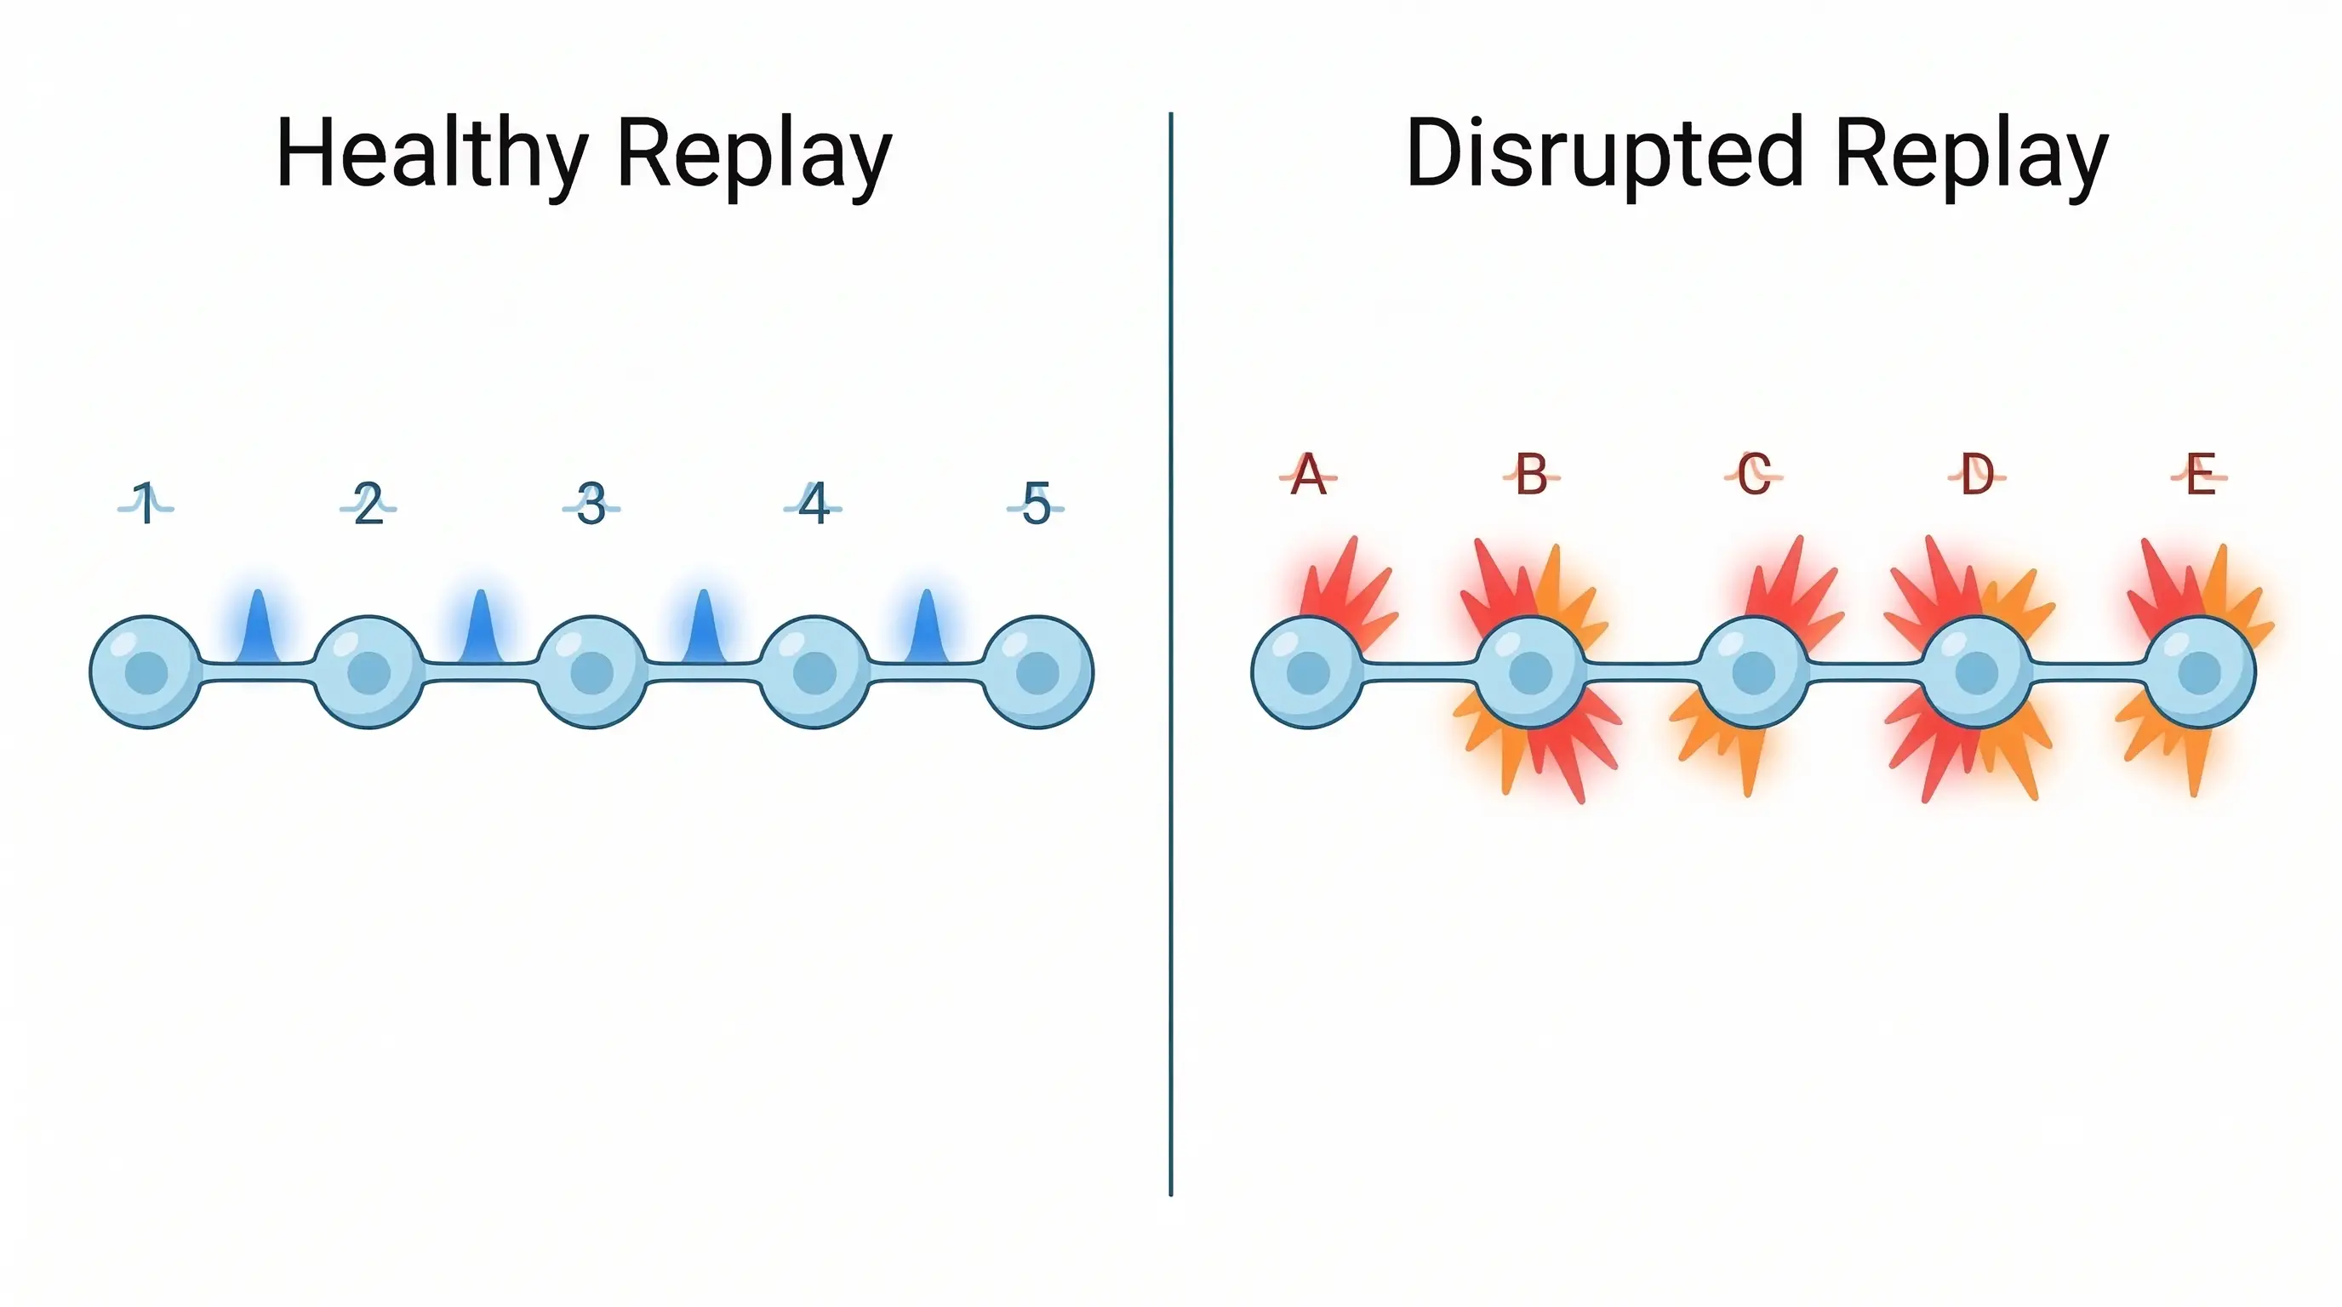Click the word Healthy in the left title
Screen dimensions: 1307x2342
pyautogui.click(x=431, y=155)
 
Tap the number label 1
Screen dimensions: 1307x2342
pyautogui.click(x=146, y=504)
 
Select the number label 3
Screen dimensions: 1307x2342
pyautogui.click(x=591, y=504)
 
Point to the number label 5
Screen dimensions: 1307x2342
pyautogui.click(x=1036, y=504)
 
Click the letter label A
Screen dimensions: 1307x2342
pyautogui.click(x=1307, y=475)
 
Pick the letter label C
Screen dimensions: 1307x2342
pyautogui.click(x=1753, y=475)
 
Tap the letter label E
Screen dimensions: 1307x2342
pyautogui.click(x=2199, y=475)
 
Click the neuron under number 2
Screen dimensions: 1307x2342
pyautogui.click(x=368, y=672)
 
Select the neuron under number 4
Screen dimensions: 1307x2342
pyautogui.click(x=814, y=672)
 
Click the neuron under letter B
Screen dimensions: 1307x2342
pyautogui.click(x=1530, y=672)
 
